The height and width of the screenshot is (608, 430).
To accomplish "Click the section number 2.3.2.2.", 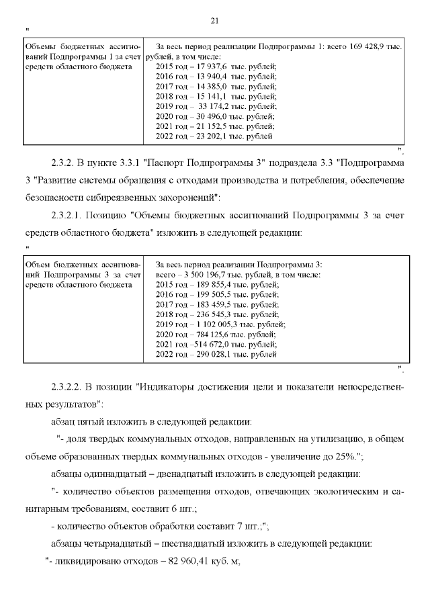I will pos(68,388).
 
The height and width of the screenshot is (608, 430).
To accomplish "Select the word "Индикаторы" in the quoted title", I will pos(165,388).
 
